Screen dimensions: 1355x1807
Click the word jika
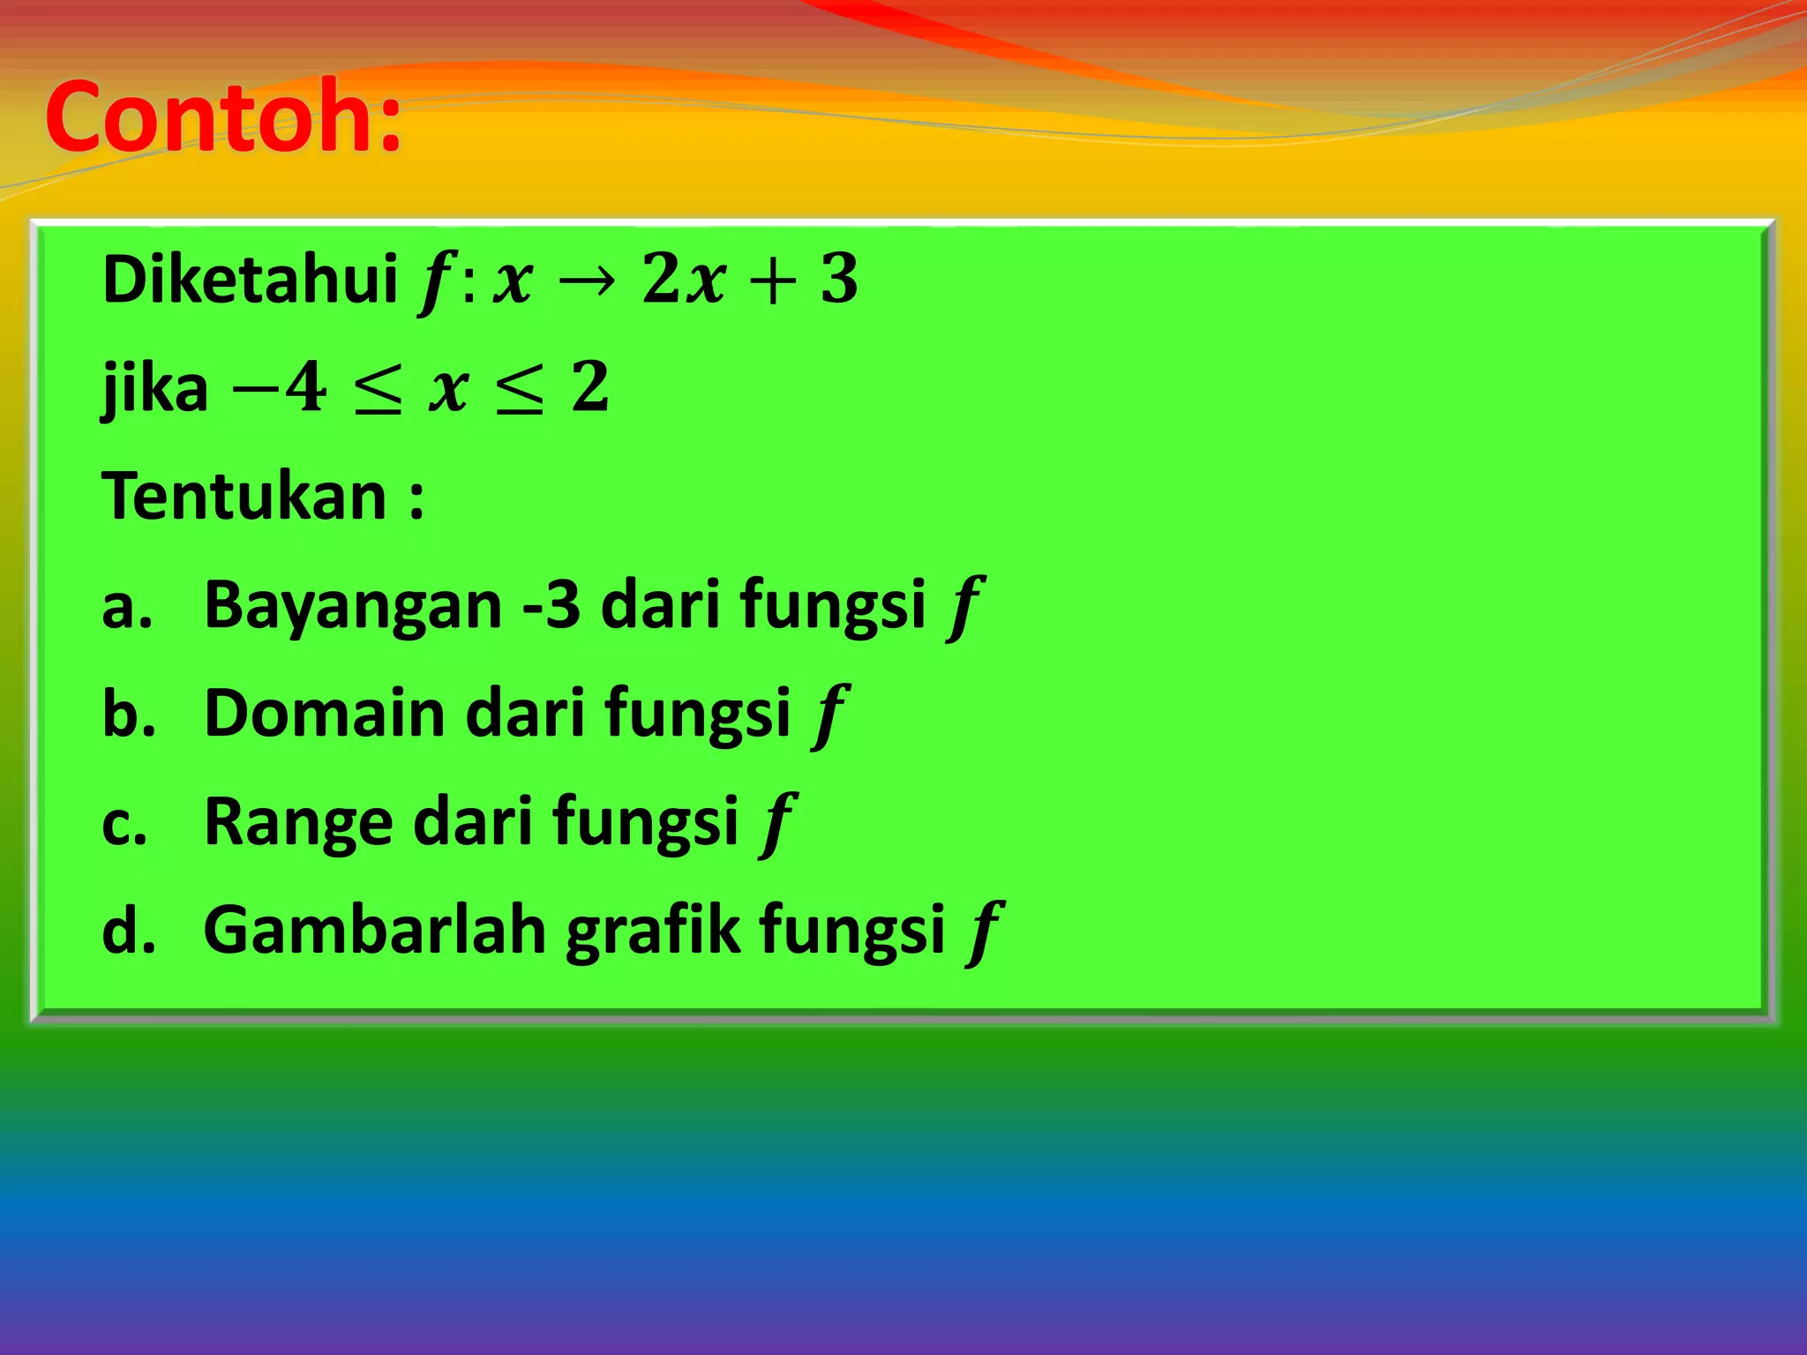tap(155, 388)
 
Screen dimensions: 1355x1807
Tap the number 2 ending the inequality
tap(589, 388)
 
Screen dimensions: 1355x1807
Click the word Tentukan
tap(245, 497)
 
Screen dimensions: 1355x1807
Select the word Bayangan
tap(353, 606)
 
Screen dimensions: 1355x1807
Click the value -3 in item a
tap(551, 606)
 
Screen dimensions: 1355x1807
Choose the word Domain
tap(324, 714)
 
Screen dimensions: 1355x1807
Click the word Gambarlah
tap(375, 931)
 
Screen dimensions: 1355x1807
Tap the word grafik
tap(653, 931)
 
